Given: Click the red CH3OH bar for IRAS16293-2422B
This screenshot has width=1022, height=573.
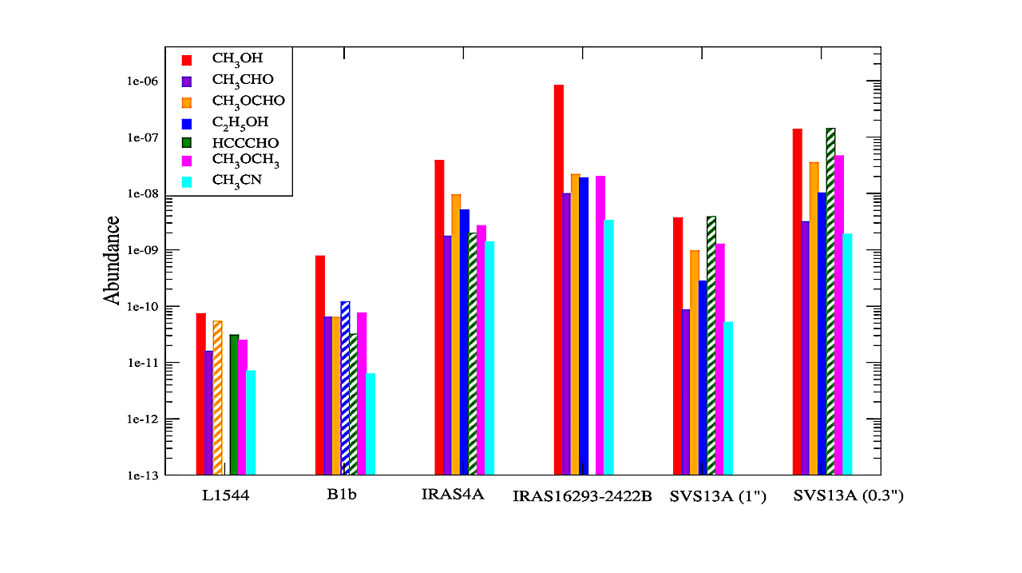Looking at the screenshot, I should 559,280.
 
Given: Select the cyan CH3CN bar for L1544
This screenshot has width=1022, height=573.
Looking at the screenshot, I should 251,423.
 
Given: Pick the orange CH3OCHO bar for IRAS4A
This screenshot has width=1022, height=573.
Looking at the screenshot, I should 456,335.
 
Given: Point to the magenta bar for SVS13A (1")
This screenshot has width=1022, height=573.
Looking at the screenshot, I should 720,360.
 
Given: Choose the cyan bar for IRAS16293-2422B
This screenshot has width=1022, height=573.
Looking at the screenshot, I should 609,348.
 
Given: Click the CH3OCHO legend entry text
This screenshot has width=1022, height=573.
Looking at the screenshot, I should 248,101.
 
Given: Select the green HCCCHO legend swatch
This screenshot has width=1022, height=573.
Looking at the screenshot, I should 187,143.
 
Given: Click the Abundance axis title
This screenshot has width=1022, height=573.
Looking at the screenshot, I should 112,260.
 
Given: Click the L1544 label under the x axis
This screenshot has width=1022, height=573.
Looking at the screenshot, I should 225,495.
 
